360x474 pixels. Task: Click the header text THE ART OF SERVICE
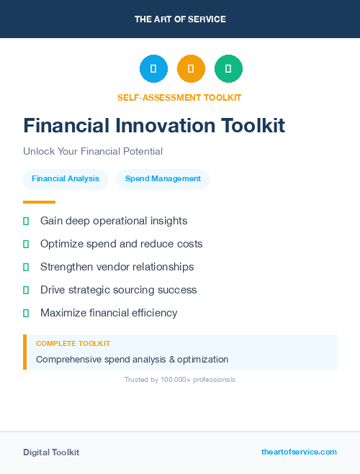180,19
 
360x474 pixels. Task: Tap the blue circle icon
153,69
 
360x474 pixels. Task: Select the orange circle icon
191,69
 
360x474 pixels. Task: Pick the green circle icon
228,69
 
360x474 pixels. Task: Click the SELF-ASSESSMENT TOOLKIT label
179,97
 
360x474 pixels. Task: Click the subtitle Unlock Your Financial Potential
93,151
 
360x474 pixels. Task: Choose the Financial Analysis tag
66,179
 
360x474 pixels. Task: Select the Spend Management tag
163,179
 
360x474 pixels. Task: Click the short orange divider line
39,202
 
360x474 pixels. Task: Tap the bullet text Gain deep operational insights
114,221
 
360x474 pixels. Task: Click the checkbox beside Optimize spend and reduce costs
26,244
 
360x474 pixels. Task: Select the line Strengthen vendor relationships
117,267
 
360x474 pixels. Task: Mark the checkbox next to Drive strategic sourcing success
26,290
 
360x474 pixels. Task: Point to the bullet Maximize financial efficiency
109,313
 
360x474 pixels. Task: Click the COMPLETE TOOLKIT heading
73,344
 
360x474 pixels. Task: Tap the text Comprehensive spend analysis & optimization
132,359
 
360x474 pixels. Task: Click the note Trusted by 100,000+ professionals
180,379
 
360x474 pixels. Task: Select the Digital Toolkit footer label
51,452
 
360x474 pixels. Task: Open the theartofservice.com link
299,452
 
